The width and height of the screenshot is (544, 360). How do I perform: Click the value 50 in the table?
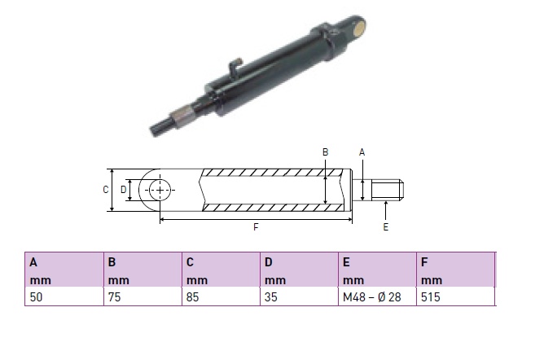[x=36, y=297]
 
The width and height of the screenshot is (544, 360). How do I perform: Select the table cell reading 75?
[x=114, y=297]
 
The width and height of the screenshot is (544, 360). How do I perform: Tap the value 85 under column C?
[x=192, y=297]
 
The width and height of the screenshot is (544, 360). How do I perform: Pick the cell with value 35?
[x=270, y=297]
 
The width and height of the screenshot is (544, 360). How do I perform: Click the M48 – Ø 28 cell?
[x=372, y=297]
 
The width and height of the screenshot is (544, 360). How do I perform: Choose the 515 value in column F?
[x=431, y=297]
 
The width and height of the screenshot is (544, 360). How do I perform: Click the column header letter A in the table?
[x=33, y=262]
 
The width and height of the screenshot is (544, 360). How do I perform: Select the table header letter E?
[x=346, y=262]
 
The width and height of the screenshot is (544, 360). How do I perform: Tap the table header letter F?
[x=424, y=262]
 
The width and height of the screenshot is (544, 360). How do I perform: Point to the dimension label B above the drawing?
[x=325, y=152]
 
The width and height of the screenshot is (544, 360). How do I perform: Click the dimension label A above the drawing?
[x=362, y=152]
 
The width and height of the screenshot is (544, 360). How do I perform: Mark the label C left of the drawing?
[x=106, y=190]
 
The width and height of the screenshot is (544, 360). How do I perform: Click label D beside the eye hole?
[x=123, y=190]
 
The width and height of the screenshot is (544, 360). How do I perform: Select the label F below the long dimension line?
[x=256, y=227]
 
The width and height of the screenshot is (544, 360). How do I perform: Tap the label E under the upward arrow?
[x=385, y=227]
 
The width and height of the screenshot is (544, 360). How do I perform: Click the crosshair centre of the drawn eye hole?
[x=160, y=190]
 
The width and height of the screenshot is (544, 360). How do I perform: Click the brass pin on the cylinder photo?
[x=361, y=27]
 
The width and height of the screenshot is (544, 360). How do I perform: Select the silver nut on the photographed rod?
[x=183, y=116]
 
